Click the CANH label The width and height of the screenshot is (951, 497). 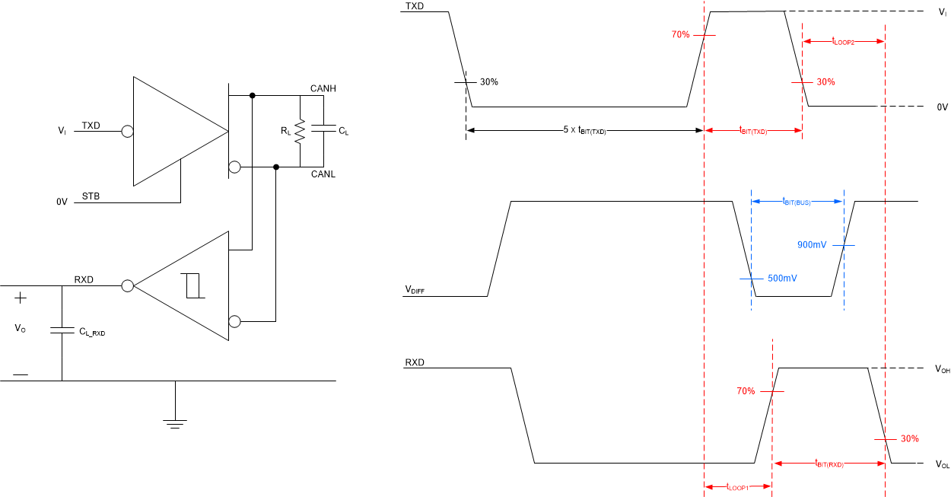pyautogui.click(x=323, y=89)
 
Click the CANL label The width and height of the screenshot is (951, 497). pyautogui.click(x=323, y=175)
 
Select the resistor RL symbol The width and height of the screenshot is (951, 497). pyautogui.click(x=301, y=132)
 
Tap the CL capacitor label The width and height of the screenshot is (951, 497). pyautogui.click(x=343, y=132)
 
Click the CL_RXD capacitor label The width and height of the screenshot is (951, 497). pyautogui.click(x=92, y=332)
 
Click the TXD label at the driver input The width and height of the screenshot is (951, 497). pyautogui.click(x=91, y=126)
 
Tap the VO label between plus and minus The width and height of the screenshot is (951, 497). pyautogui.click(x=21, y=329)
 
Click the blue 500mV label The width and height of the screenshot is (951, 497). pyautogui.click(x=782, y=279)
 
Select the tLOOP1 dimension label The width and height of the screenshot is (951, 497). pyautogui.click(x=738, y=487)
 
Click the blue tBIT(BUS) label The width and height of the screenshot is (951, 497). pyautogui.click(x=797, y=202)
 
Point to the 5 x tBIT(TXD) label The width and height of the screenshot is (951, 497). pyautogui.click(x=584, y=132)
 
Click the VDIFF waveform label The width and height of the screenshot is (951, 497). pyautogui.click(x=415, y=291)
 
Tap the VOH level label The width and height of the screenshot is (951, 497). pyautogui.click(x=942, y=369)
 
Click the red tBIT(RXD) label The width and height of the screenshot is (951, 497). pyautogui.click(x=829, y=464)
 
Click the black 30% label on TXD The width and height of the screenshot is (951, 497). pyautogui.click(x=488, y=82)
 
